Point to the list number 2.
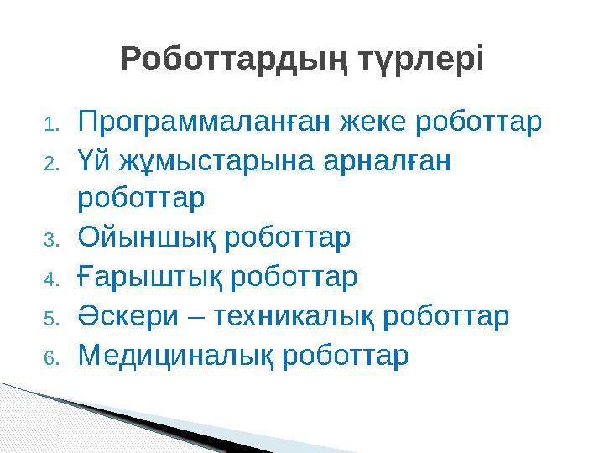coord(50,164)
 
